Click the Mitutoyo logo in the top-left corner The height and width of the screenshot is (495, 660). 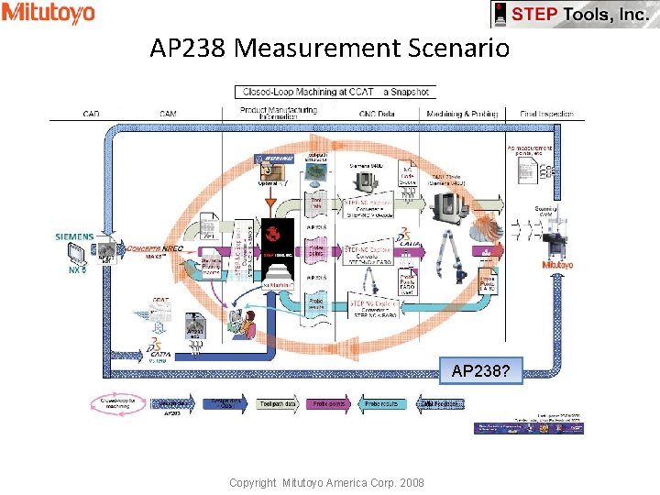coord(48,13)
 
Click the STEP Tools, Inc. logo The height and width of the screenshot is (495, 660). coord(575,15)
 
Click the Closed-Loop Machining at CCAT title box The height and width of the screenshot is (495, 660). coord(335,92)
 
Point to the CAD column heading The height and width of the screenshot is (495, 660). coord(92,114)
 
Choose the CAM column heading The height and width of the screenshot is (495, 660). coord(168,114)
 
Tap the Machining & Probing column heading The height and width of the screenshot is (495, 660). coord(462,114)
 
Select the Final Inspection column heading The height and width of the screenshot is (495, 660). coord(547,114)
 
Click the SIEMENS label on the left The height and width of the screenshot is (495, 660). coord(74,236)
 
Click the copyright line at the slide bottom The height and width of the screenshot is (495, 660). coord(326,482)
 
